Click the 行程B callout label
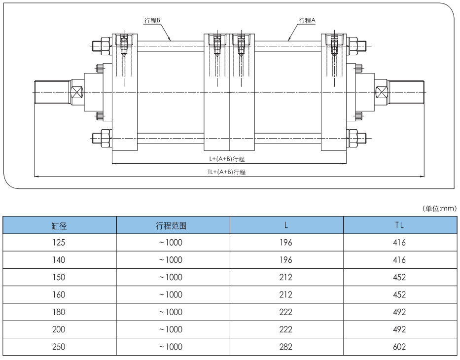pyautogui.click(x=152, y=20)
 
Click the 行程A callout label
pyautogui.click(x=307, y=20)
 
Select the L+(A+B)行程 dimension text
pyautogui.click(x=227, y=159)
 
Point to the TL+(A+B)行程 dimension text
pyautogui.click(x=226, y=172)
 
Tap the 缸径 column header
pyautogui.click(x=59, y=226)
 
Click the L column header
pyautogui.click(x=286, y=226)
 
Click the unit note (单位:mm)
pyautogui.click(x=440, y=209)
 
